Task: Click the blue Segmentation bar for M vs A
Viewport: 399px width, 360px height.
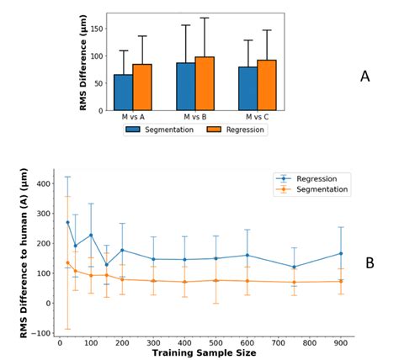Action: point(124,93)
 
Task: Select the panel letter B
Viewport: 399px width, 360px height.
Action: point(370,263)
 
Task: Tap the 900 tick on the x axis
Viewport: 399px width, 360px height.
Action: point(340,342)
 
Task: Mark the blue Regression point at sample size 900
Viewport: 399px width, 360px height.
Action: point(340,253)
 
